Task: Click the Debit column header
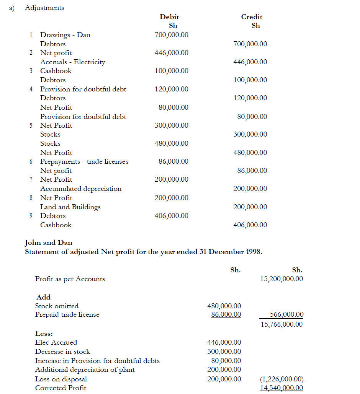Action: coord(169,17)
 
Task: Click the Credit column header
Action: coord(252,17)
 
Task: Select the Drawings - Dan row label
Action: coord(65,35)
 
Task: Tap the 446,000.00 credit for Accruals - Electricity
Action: coord(250,62)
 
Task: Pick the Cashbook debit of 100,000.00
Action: coord(171,71)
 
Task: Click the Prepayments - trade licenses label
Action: coord(84,161)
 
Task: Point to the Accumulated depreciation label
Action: coord(81,189)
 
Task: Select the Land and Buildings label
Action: coord(70,207)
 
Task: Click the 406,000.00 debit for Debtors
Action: coord(171,216)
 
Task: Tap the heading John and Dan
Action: coord(48,243)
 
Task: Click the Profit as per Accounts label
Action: coord(70,279)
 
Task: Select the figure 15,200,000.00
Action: coord(281,279)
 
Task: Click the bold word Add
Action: coord(44,297)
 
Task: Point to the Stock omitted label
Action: coord(57,306)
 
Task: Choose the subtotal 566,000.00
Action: coord(286,314)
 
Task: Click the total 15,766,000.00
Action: coord(281,324)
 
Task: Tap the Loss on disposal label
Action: coord(61,379)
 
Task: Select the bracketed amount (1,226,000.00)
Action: coord(281,379)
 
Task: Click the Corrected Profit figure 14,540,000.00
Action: coord(281,388)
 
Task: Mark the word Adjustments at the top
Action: coord(44,8)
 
